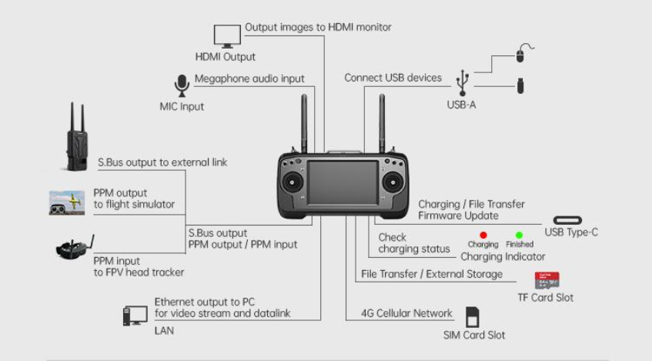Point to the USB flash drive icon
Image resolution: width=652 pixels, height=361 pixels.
(520, 85)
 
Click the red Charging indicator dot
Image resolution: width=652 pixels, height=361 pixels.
(483, 234)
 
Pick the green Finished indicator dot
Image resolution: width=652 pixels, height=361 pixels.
(520, 234)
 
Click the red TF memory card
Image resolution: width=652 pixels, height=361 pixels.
(547, 281)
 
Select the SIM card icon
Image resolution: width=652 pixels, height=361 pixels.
(473, 316)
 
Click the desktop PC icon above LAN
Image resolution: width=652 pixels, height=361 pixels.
(134, 316)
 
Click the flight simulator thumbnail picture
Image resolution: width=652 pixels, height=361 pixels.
(67, 202)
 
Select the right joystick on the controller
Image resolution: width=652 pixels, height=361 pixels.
(394, 183)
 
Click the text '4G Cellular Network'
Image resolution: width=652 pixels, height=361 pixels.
(407, 313)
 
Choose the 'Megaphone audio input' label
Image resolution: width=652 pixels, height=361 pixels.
(249, 79)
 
